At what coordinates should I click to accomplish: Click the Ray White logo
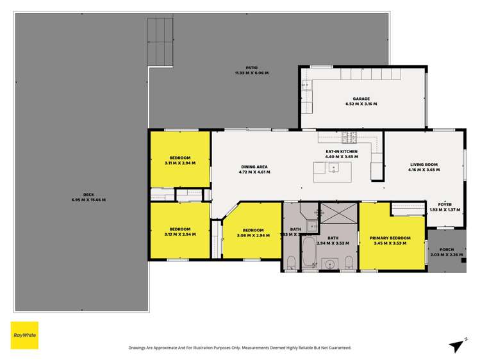pos(24,335)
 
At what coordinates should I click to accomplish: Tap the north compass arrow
pos(457,345)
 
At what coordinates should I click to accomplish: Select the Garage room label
pos(361,101)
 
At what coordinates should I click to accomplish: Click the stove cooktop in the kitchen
pos(349,136)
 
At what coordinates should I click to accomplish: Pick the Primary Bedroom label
pos(390,240)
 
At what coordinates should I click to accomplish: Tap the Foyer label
pos(445,207)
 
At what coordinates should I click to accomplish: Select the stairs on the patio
pos(161,41)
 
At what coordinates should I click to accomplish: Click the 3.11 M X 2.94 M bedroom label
pos(179,160)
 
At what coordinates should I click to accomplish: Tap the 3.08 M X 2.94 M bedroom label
pos(253,233)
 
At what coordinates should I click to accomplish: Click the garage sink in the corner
pos(306,85)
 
